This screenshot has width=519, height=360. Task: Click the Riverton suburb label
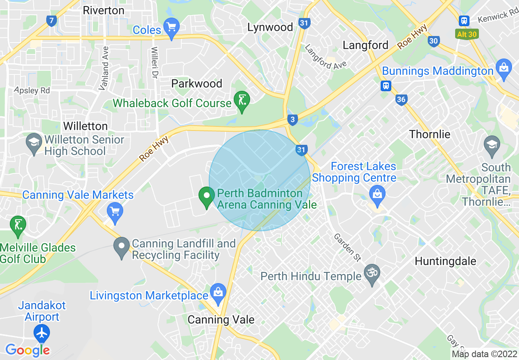(104, 10)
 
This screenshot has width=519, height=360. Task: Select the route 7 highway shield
(51, 20)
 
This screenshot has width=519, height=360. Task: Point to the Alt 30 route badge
(467, 34)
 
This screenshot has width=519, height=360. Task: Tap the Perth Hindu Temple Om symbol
(372, 272)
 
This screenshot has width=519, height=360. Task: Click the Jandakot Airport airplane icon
(41, 333)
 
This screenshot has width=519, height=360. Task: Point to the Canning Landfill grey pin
(122, 247)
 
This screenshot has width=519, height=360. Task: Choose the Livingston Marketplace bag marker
(218, 292)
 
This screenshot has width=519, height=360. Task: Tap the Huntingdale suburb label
(445, 261)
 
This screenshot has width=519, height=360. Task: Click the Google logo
(27, 350)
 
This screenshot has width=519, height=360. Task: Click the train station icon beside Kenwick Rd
(464, 20)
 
